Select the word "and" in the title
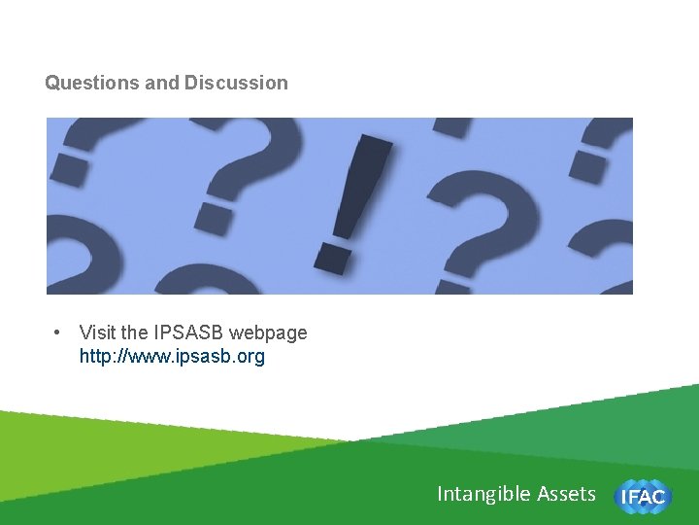tap(162, 84)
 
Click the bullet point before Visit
tap(58, 332)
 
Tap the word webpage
tap(268, 332)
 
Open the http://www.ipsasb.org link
tap(172, 357)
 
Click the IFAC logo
tap(642, 497)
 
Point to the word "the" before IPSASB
tap(136, 332)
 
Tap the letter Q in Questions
tap(52, 84)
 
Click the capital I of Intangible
tap(440, 494)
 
